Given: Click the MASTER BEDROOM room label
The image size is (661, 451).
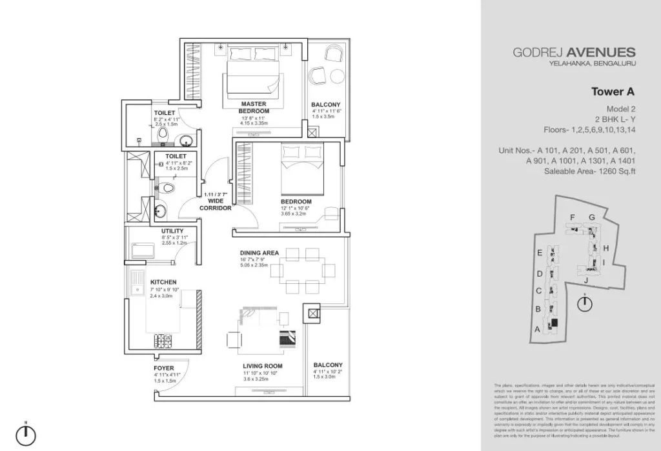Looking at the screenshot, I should pos(254,107).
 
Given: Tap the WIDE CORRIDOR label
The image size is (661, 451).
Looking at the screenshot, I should pos(216,205).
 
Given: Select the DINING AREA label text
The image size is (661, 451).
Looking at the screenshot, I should pos(259,253).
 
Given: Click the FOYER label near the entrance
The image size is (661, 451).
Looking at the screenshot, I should pos(164,368).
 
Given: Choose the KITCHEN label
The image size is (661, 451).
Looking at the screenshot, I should pos(163,283).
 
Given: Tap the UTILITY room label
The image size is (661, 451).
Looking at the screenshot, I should pos(172,231).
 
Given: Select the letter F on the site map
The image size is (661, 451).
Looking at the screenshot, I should pos(572,217).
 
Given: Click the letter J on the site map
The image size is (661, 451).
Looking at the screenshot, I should pos(585,280).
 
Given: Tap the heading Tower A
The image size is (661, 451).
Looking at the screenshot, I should pos(613,92).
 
